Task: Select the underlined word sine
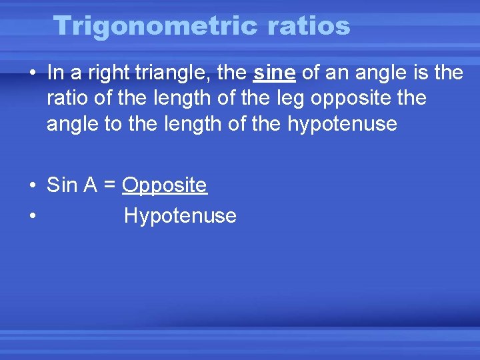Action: (275, 73)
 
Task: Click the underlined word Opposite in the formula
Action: (165, 185)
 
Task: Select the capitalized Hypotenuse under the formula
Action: (180, 216)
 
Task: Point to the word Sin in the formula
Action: (63, 185)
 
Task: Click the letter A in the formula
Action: (91, 185)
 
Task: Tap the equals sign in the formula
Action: (109, 186)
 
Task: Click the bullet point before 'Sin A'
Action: (32, 186)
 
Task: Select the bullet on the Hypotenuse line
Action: (32, 217)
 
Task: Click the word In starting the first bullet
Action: (54, 73)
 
